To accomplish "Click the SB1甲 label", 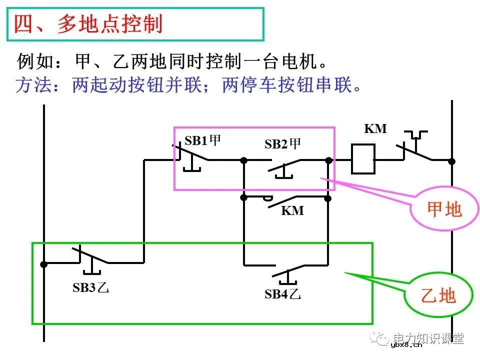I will pos(202,141).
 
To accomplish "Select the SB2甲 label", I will pos(282,144).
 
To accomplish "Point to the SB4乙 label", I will pos(282,294).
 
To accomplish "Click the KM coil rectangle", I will pos(363,159).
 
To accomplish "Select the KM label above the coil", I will pos(375,129).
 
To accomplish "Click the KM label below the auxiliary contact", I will pos(292,211).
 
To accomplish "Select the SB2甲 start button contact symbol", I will pos(285,167).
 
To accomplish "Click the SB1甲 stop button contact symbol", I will pos(191,158).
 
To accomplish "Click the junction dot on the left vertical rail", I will pos(44,264).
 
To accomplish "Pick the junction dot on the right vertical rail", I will pos(451,161).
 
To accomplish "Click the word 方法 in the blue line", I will pos(33,85).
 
